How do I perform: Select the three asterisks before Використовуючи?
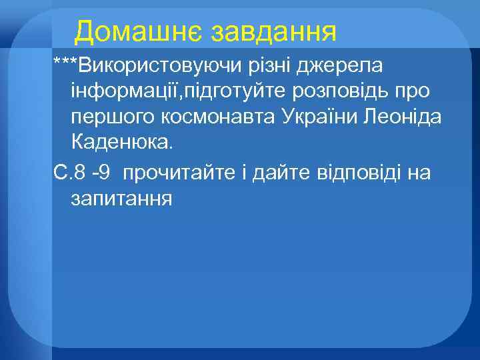[65, 64]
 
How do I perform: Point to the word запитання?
[120, 199]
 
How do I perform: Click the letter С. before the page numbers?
[61, 174]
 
